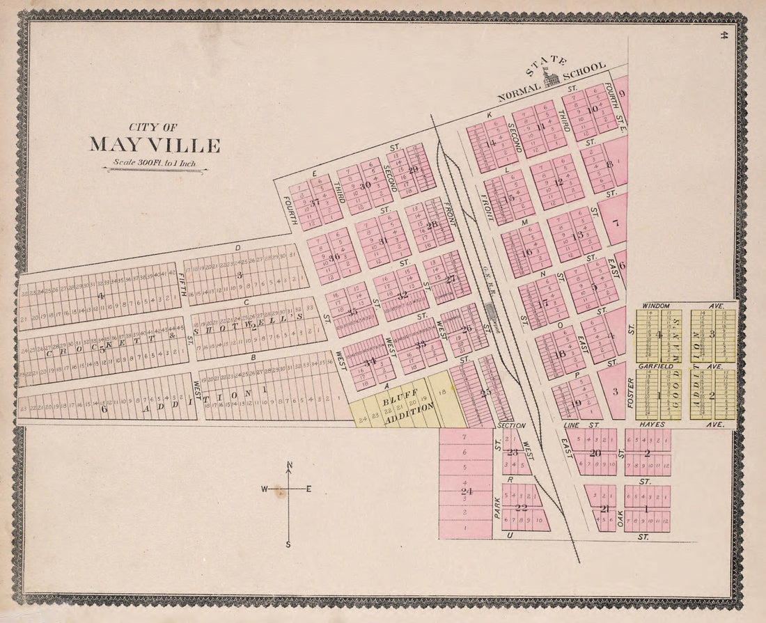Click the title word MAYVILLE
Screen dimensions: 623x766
point(155,145)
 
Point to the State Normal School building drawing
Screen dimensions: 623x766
point(552,79)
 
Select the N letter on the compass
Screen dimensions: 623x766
point(289,466)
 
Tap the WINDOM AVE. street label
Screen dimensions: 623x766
point(686,306)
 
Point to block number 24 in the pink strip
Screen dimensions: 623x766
point(466,491)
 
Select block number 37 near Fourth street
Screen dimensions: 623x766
point(314,203)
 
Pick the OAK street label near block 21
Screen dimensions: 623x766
point(620,519)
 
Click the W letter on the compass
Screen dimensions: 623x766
point(265,489)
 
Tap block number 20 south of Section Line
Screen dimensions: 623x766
point(595,452)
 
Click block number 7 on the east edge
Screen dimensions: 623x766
point(616,223)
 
